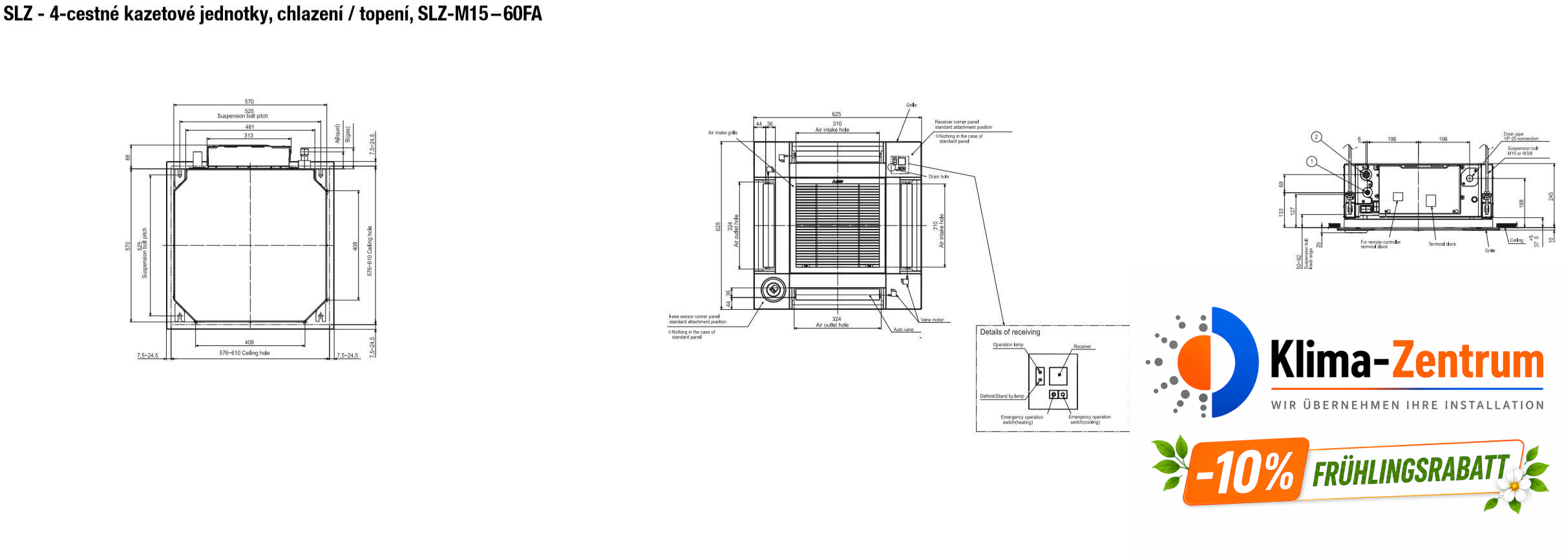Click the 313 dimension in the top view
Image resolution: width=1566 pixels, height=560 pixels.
tap(249, 136)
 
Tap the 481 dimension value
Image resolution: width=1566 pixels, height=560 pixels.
tap(249, 127)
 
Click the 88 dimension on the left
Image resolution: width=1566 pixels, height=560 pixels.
tap(128, 157)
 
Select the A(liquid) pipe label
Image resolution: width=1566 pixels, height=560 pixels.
tap(337, 134)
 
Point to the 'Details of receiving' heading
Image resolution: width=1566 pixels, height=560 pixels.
tap(1010, 332)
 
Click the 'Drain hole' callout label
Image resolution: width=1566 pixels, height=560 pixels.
tap(938, 177)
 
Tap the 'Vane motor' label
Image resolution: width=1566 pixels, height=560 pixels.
tap(932, 320)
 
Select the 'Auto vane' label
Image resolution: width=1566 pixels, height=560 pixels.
tap(904, 330)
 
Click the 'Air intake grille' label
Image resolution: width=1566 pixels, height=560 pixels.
tap(722, 133)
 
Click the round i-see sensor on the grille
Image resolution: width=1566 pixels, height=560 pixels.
tap(772, 289)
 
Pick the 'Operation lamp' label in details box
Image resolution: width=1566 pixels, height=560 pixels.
tap(1008, 345)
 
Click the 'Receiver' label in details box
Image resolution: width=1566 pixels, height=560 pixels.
tap(1082, 347)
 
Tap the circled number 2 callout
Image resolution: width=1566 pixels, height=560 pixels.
tap(1316, 137)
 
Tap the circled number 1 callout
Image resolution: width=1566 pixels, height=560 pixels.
tap(1311, 162)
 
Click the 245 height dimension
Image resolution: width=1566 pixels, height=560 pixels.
tap(1550, 196)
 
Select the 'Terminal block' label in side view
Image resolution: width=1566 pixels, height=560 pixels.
tap(1442, 244)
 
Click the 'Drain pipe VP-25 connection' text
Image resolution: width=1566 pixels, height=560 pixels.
tap(1521, 136)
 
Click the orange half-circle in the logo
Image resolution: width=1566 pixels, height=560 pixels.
tap(1194, 362)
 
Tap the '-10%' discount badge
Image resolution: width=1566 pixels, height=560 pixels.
tap(1245, 472)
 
